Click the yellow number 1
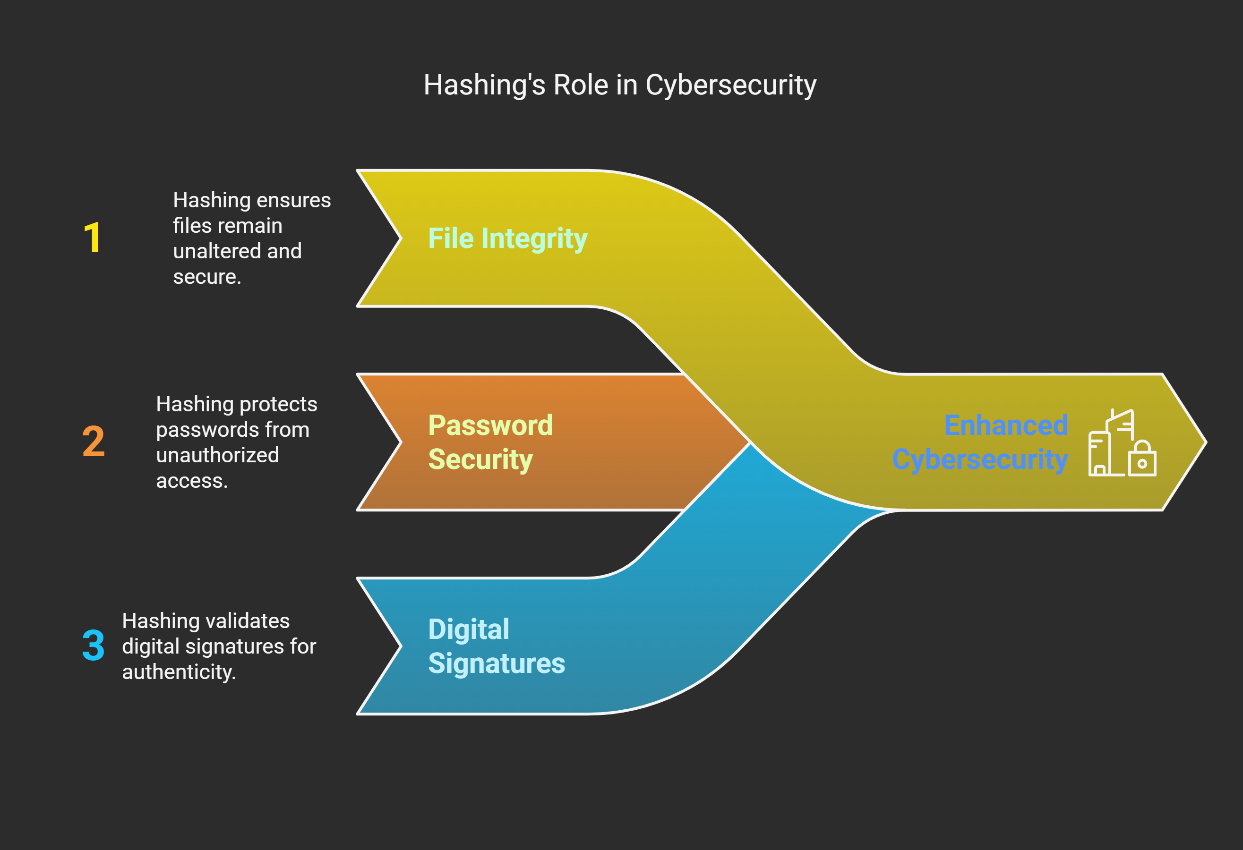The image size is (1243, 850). coord(93,238)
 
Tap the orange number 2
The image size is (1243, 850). coord(94,442)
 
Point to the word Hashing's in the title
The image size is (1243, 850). coord(485,85)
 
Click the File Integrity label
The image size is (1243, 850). coord(507,238)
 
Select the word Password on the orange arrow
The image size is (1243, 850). coord(490,425)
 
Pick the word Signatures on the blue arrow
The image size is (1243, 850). coord(497,663)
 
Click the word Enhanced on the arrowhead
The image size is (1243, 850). coord(1006,425)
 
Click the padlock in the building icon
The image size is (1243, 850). coord(1142,460)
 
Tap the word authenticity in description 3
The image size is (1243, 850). coord(179,672)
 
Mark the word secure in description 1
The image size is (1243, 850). coord(206,277)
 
